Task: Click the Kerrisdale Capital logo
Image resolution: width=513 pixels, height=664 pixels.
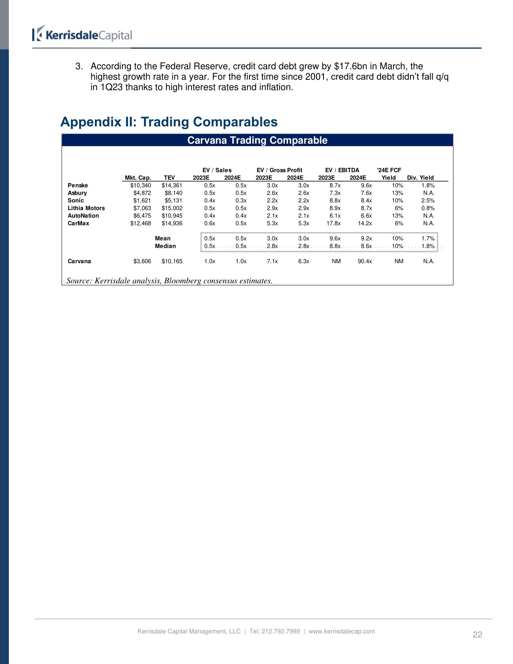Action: tap(82, 35)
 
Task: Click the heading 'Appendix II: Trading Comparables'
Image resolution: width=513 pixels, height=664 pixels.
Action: tap(169, 122)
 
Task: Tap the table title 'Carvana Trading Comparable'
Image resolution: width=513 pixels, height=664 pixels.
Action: tap(257, 140)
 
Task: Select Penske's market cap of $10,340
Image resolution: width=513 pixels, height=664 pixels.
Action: tap(140, 186)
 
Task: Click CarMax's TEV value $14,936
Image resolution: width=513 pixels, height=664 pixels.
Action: tap(172, 223)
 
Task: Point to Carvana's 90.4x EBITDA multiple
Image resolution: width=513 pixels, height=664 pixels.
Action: tap(365, 262)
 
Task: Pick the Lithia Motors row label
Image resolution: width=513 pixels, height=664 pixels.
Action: tap(86, 208)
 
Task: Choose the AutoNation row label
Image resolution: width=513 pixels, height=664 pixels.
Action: tap(83, 216)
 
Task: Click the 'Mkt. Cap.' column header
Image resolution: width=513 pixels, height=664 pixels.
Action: tap(138, 178)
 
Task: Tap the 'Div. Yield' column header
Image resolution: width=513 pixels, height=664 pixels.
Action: tap(420, 178)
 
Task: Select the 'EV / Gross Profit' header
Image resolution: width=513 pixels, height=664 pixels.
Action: tap(279, 170)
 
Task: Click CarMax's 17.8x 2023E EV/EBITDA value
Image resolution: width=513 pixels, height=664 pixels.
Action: tap(334, 223)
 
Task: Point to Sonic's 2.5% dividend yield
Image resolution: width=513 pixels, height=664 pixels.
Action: tap(428, 200)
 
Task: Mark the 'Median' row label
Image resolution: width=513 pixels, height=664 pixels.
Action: tap(165, 246)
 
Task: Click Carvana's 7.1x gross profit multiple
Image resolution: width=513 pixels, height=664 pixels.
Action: tap(272, 262)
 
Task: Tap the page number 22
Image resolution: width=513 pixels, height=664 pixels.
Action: tap(477, 635)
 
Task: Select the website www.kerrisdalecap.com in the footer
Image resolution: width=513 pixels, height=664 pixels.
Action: tap(342, 631)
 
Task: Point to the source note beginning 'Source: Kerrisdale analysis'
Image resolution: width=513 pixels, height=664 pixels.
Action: tap(169, 281)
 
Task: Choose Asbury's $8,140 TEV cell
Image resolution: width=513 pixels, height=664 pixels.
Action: tap(173, 193)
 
